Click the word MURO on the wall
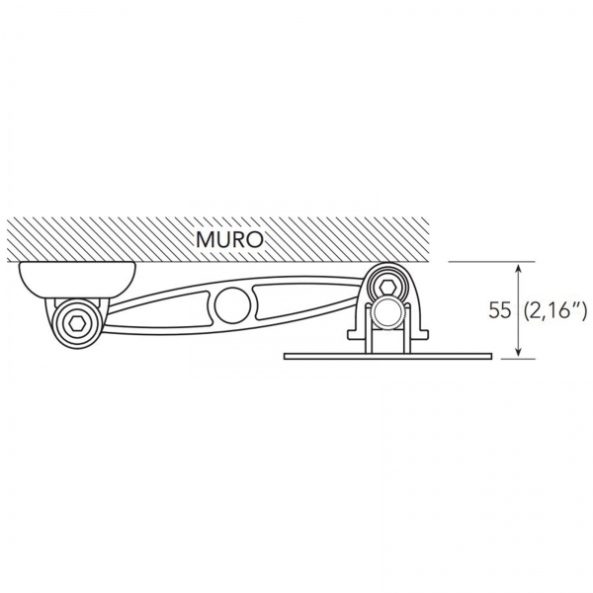[x=229, y=239]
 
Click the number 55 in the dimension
[x=499, y=310]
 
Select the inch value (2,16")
[x=555, y=310]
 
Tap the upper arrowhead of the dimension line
[x=519, y=269]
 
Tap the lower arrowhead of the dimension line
[x=519, y=352]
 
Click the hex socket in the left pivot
[x=76, y=323]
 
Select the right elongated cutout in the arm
[x=302, y=300]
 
